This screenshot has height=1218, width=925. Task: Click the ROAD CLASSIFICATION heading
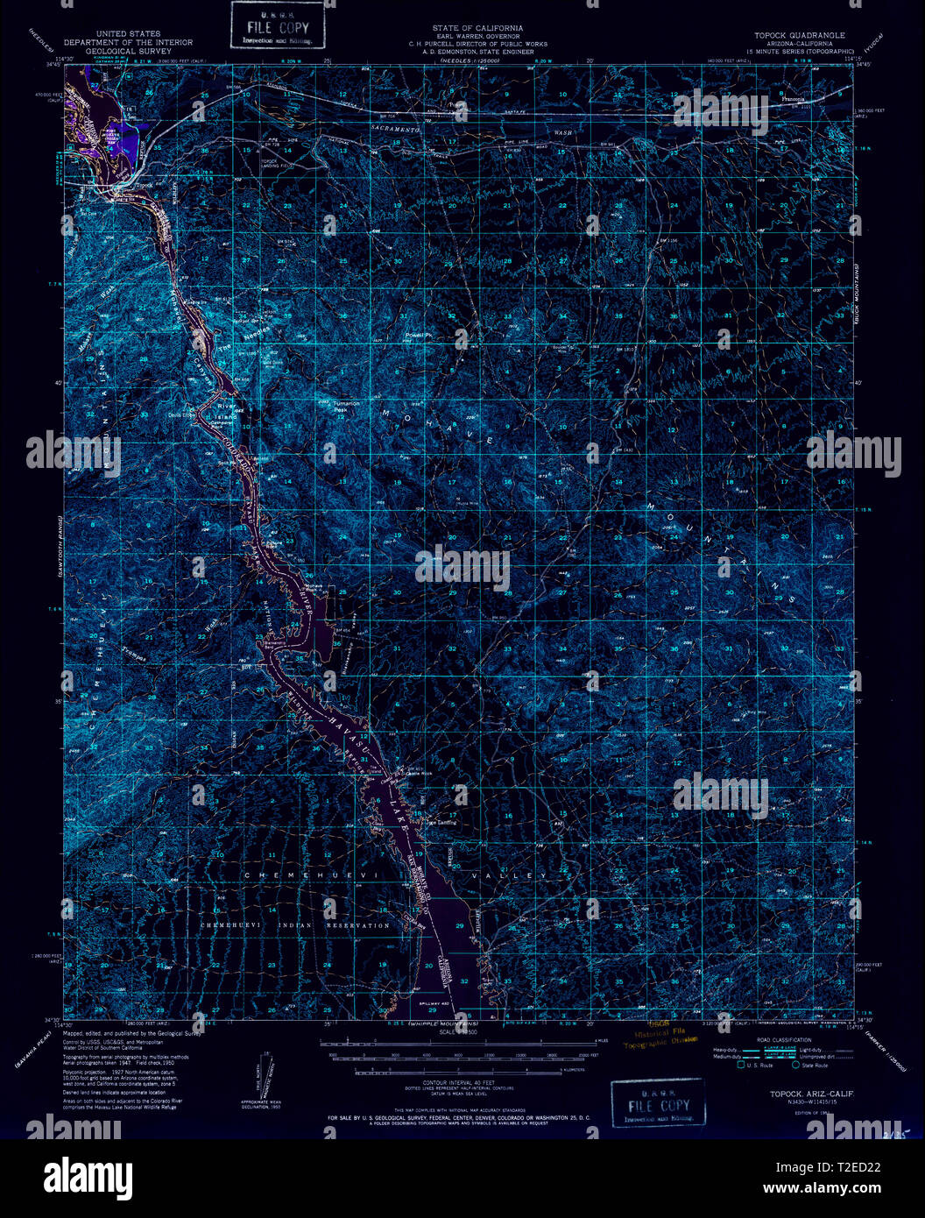coord(776,1041)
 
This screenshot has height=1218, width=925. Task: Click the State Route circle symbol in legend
coord(796,1066)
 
